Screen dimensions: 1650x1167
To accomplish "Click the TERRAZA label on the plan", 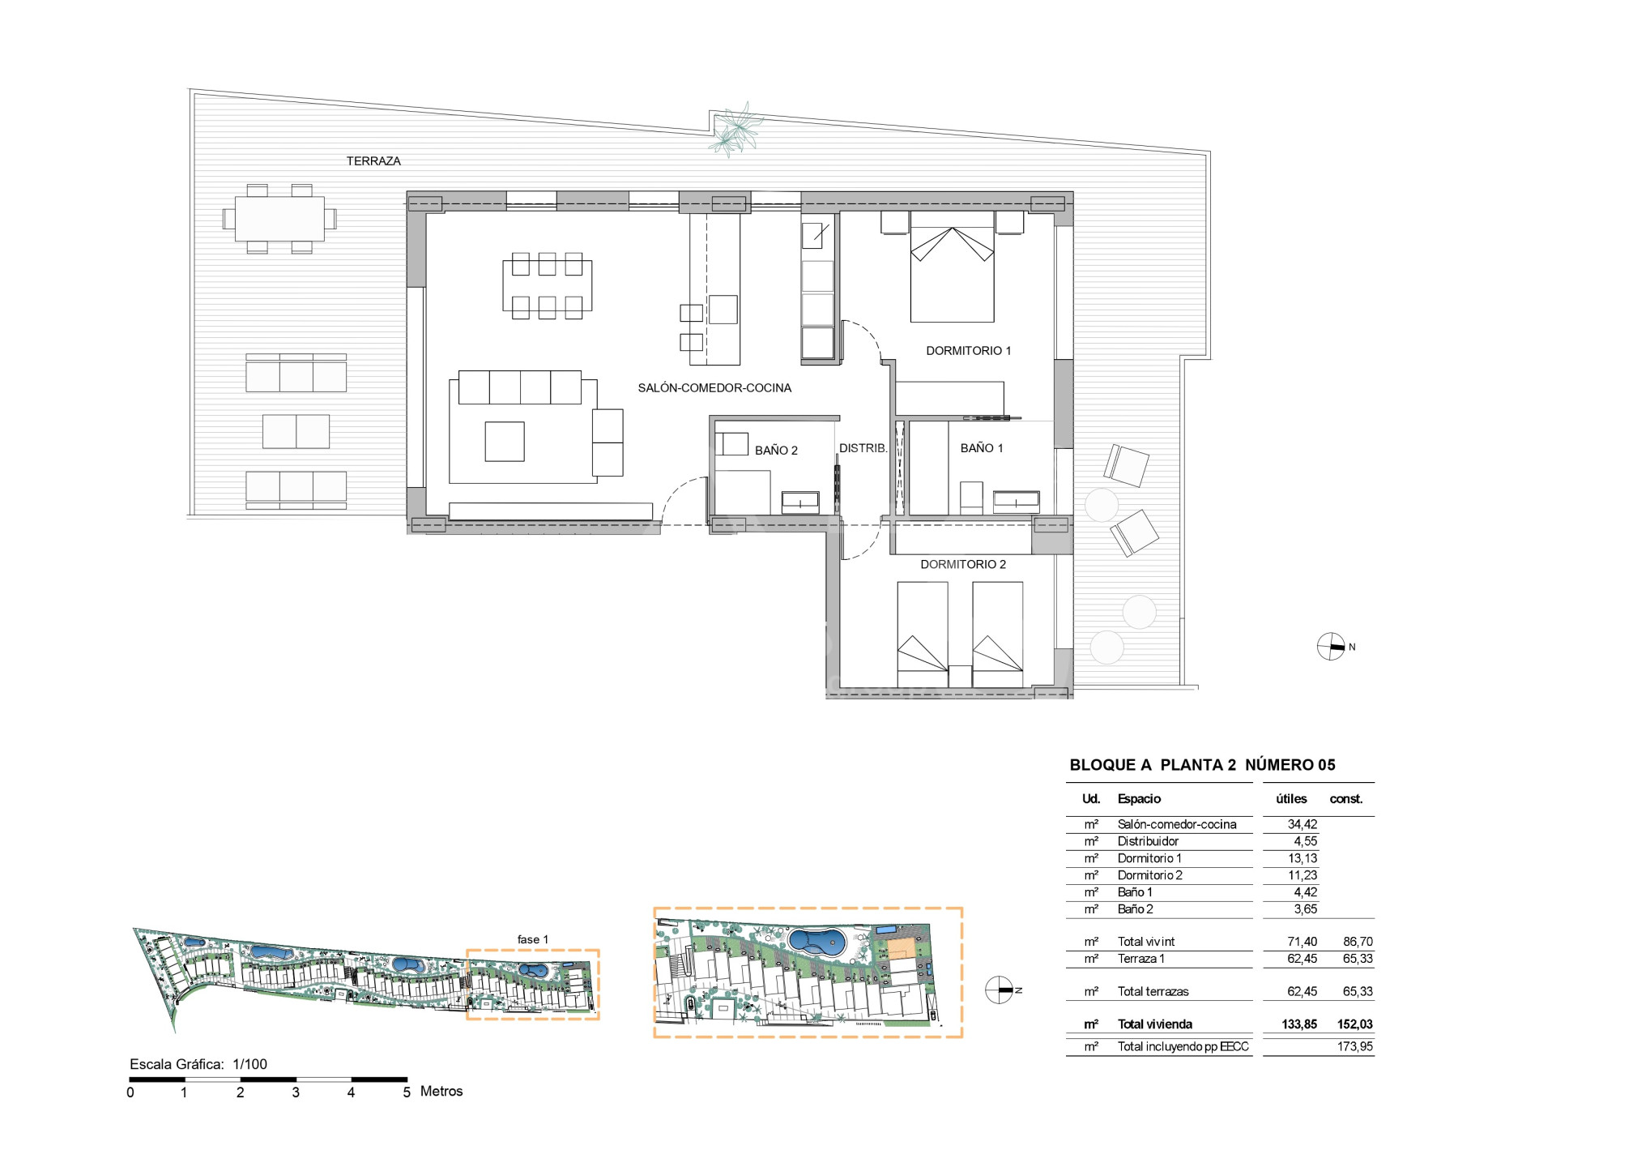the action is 373,161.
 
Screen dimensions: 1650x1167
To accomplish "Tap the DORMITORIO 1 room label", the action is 968,351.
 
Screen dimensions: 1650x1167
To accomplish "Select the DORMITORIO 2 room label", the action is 963,565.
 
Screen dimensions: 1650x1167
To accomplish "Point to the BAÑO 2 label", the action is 776,451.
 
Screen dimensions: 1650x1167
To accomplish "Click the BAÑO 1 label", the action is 982,448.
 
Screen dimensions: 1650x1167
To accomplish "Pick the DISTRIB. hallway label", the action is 863,448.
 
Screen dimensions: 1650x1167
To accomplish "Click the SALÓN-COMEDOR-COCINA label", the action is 714,388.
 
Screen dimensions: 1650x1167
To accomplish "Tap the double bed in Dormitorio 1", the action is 953,267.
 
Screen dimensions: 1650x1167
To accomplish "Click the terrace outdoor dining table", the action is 279,219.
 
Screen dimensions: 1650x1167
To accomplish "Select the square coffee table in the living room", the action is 505,442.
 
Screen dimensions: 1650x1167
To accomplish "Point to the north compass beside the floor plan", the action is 1331,647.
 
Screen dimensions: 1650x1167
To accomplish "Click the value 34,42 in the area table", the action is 1303,825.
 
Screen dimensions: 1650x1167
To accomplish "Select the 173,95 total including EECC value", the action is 1355,1047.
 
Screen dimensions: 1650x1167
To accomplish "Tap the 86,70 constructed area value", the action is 1358,942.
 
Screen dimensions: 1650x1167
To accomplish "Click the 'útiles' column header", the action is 1291,799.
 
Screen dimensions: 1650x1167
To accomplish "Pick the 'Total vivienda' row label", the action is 1155,1024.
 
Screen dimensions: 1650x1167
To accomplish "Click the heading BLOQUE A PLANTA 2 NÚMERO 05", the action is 1202,765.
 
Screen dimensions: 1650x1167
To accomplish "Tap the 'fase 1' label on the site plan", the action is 533,939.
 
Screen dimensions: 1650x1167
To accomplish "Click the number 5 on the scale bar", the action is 407,1092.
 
